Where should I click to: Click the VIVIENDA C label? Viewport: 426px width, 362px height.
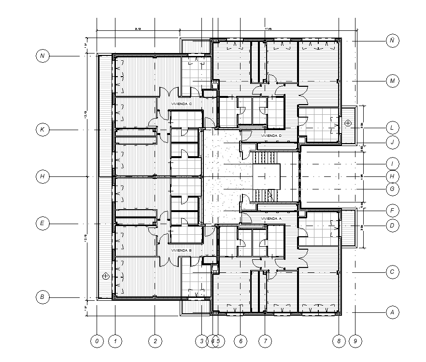click(181, 104)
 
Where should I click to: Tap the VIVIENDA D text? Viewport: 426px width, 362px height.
click(271, 136)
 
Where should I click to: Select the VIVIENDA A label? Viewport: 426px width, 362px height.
click(271, 218)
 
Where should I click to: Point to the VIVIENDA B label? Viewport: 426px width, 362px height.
click(181, 251)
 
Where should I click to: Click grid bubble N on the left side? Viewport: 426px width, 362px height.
click(43, 56)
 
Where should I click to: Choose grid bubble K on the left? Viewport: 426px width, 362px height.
click(43, 130)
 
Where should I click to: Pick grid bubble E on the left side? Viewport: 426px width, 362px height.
click(43, 223)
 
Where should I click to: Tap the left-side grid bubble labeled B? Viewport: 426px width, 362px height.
click(43, 297)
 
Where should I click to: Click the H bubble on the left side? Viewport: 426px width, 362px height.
click(43, 176)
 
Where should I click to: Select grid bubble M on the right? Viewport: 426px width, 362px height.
click(393, 81)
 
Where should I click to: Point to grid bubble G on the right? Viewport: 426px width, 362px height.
click(393, 189)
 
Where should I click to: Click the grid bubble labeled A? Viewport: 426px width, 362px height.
click(393, 312)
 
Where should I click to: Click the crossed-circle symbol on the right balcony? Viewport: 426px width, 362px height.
click(348, 123)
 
